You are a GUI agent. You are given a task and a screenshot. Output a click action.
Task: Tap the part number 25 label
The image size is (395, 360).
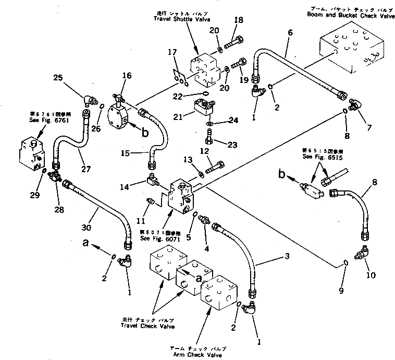58,78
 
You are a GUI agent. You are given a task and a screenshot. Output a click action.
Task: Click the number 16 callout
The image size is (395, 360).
127,76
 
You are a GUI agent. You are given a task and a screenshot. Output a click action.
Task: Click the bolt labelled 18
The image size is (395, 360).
231,41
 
